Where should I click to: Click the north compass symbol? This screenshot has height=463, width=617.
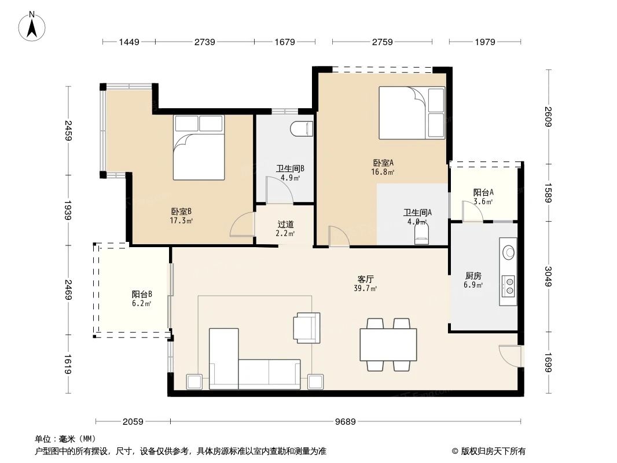34,26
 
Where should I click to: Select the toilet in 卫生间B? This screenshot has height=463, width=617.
302,129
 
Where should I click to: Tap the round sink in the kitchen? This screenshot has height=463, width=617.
509,252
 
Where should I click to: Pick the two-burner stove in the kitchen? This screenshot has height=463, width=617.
509,286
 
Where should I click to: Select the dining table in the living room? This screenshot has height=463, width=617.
388,344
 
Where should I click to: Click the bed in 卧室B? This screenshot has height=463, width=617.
199,148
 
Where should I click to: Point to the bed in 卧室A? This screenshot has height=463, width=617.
412,113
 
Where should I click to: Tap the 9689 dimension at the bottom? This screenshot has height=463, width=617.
346,421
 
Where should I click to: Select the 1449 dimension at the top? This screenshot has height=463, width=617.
129,42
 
